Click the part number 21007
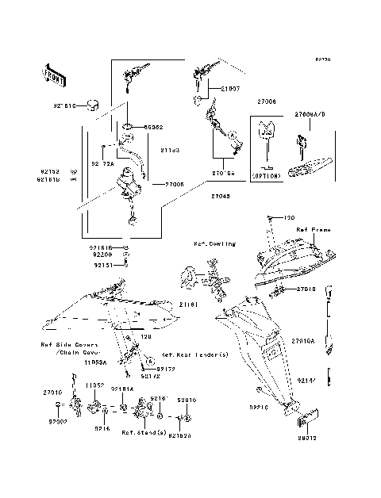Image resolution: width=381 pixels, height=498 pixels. (229, 90)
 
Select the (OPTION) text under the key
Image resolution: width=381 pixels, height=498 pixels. (267, 175)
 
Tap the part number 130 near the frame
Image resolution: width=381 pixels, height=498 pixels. (289, 218)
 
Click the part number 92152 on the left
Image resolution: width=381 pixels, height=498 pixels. (51, 170)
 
